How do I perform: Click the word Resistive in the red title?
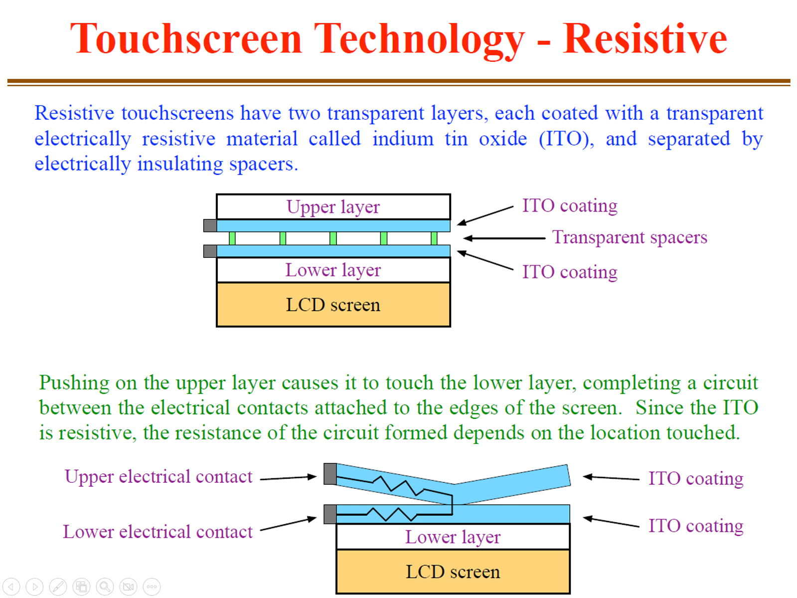pyautogui.click(x=644, y=39)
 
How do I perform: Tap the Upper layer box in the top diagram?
pyautogui.click(x=333, y=206)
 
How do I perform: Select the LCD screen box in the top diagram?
pyautogui.click(x=333, y=305)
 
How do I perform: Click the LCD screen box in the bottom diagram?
pyautogui.click(x=453, y=572)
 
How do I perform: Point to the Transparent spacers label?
pyautogui.click(x=630, y=237)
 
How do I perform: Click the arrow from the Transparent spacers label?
pyautogui.click(x=503, y=238)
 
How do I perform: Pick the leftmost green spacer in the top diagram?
pyautogui.click(x=232, y=238)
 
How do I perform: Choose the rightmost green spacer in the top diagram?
pyautogui.click(x=434, y=238)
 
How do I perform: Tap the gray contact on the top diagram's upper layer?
pyautogui.click(x=210, y=225)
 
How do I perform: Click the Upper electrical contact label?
pyautogui.click(x=159, y=477)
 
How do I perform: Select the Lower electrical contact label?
pyautogui.click(x=158, y=532)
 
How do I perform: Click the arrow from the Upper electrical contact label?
pyautogui.click(x=288, y=478)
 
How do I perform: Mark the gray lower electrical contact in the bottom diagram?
pyautogui.click(x=330, y=514)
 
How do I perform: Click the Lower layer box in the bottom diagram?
pyautogui.click(x=453, y=537)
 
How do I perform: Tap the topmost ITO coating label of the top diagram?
pyautogui.click(x=570, y=206)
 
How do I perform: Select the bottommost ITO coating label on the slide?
pyautogui.click(x=695, y=526)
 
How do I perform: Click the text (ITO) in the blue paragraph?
pyautogui.click(x=566, y=139)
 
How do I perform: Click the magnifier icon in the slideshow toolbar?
pyautogui.click(x=105, y=587)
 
